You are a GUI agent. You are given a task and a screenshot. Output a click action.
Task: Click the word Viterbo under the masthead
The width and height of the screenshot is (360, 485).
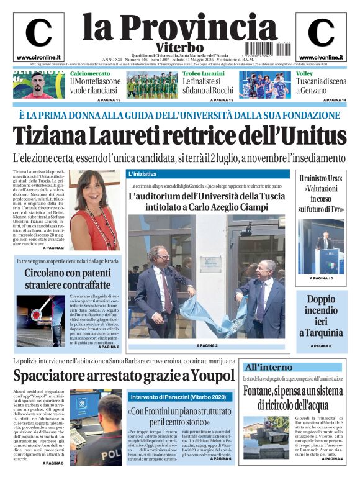click(179, 48)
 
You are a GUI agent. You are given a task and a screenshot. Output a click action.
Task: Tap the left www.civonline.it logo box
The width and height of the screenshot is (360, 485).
click(38, 37)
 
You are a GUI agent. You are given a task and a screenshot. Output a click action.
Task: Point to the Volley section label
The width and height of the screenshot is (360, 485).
click(304, 73)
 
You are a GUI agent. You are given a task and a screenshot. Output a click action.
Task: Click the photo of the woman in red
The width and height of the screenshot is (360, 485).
click(94, 209)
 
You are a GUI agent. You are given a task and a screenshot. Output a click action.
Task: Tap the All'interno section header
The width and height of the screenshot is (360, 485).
click(268, 367)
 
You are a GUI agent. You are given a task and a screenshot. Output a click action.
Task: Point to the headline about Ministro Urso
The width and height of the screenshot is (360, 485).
click(320, 194)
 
